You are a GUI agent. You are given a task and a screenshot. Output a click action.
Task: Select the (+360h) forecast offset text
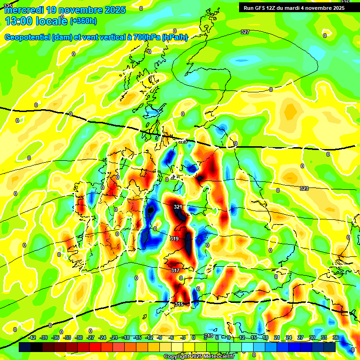(x=83, y=21)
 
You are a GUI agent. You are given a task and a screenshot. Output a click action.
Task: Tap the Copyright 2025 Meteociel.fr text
(x=199, y=357)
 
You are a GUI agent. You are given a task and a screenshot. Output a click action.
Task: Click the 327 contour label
(x=245, y=32)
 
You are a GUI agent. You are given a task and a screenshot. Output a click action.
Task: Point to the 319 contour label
(x=174, y=239)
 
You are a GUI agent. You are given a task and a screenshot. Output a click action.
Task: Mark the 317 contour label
(x=175, y=271)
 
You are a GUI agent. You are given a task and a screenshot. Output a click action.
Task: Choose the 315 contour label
(x=179, y=305)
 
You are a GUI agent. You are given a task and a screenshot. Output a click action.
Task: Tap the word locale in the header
(x=51, y=21)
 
